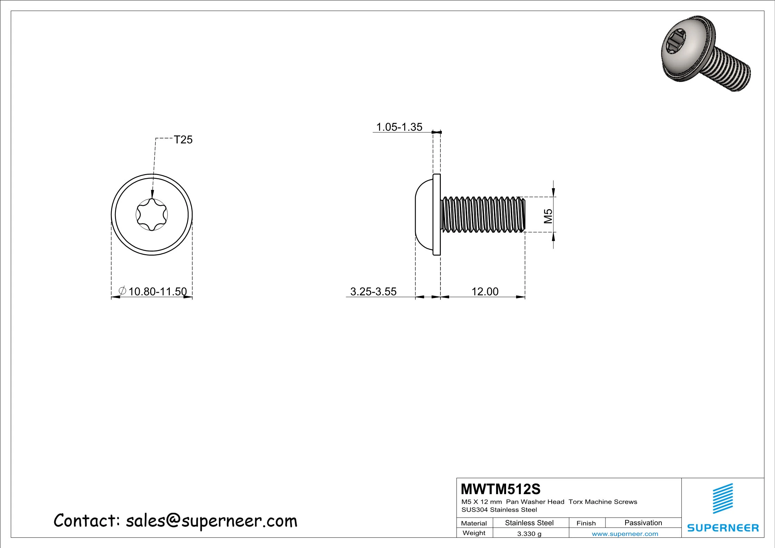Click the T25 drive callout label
[183, 140]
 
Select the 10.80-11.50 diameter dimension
[157, 291]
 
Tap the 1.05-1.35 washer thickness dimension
[399, 127]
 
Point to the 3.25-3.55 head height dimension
[374, 291]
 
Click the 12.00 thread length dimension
[485, 291]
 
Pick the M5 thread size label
[548, 216]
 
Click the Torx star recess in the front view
[152, 215]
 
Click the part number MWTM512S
[501, 489]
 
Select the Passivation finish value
[643, 523]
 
